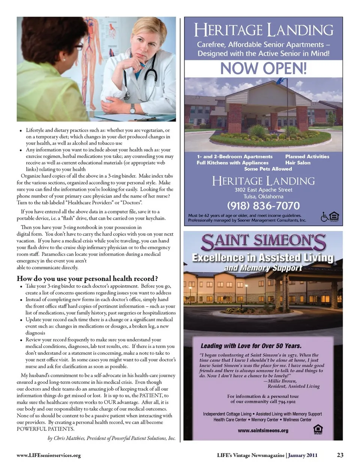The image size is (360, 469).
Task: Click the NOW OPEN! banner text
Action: [x=263, y=68]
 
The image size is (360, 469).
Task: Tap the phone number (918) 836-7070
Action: [x=263, y=205]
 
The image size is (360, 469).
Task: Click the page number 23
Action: [x=340, y=455]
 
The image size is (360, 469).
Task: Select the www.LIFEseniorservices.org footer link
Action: [x=49, y=456]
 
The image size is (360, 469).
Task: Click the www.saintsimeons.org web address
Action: [x=263, y=430]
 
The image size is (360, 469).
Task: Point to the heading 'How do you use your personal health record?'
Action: [x=87, y=279]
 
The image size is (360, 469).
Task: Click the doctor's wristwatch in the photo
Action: [x=132, y=109]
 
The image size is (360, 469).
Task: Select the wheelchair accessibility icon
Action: [x=324, y=217]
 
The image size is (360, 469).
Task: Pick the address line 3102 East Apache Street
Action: [x=263, y=190]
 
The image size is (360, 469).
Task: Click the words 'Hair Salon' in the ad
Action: [x=298, y=163]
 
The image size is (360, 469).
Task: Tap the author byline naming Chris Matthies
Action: [x=112, y=438]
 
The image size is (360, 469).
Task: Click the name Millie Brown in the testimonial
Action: [x=282, y=381]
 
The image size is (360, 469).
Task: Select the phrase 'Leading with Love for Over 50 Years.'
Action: [x=251, y=346]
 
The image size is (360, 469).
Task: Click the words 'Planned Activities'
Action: [x=307, y=156]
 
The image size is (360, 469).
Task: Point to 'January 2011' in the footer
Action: [x=303, y=455]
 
